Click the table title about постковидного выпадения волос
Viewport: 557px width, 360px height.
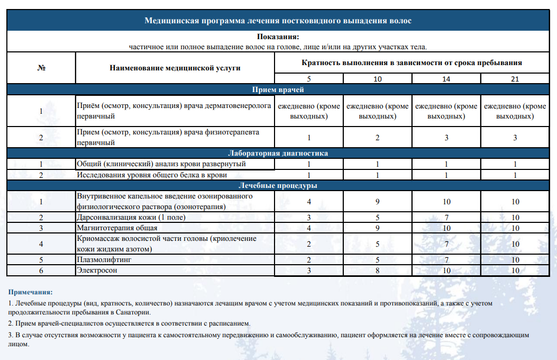point(278,21)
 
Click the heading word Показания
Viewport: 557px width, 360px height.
point(278,37)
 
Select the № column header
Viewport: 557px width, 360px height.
point(41,68)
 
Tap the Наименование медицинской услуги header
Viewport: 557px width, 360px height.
point(175,68)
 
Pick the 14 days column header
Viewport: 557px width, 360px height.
point(446,79)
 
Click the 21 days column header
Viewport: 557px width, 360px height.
point(515,79)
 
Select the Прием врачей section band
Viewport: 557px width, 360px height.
point(278,89)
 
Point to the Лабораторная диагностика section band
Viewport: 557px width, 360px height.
point(278,154)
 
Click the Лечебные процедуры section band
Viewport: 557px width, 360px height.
point(278,186)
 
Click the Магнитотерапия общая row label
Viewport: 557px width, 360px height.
point(117,228)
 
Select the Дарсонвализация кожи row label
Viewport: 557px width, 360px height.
point(131,218)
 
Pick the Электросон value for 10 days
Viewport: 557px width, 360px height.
point(378,271)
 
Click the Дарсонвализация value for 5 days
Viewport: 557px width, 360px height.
point(309,218)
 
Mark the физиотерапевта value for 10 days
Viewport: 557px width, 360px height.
point(378,138)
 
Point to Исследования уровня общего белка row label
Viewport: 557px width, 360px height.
point(152,175)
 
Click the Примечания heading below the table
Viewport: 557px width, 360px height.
point(30,292)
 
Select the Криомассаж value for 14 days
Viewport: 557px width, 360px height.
point(446,244)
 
